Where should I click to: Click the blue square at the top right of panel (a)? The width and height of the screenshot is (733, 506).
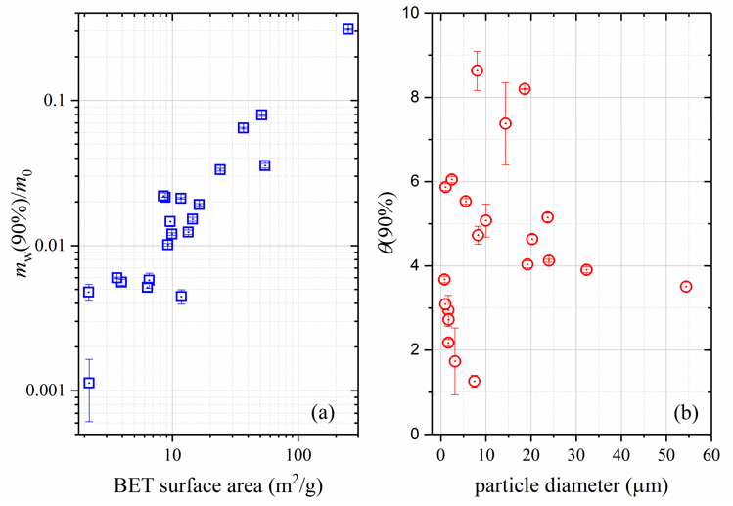coord(348,29)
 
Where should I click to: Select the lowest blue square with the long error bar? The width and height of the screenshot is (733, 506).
coord(89,383)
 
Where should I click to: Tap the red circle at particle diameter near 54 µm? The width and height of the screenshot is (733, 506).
coord(686,287)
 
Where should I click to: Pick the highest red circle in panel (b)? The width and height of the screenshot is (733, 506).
coord(478,70)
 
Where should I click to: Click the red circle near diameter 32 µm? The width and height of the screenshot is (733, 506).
coord(586,269)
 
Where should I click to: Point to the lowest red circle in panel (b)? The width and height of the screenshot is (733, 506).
coord(475,381)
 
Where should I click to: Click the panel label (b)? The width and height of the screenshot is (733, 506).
coord(685,413)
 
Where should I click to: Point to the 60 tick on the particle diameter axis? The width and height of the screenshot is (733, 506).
coord(711,455)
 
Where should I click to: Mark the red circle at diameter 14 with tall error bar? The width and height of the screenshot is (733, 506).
coord(505,123)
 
